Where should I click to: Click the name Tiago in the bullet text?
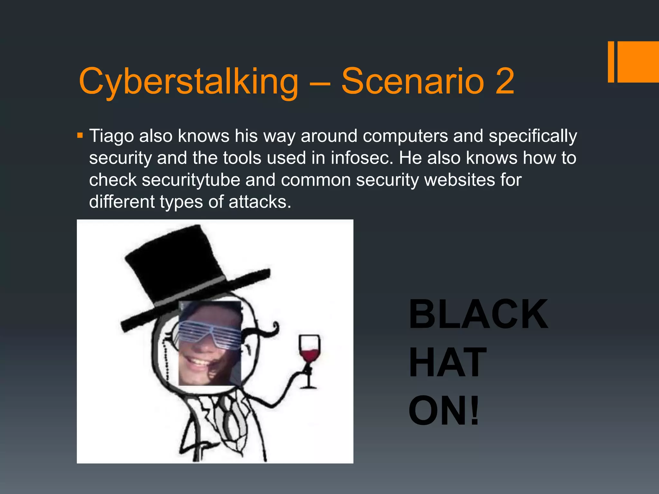coord(111,136)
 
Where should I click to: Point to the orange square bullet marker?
coord(80,135)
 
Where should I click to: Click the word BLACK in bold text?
coord(478,314)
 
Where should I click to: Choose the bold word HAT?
coord(447,362)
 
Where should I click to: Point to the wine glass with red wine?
coord(309,354)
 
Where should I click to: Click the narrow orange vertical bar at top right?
coord(611,62)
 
